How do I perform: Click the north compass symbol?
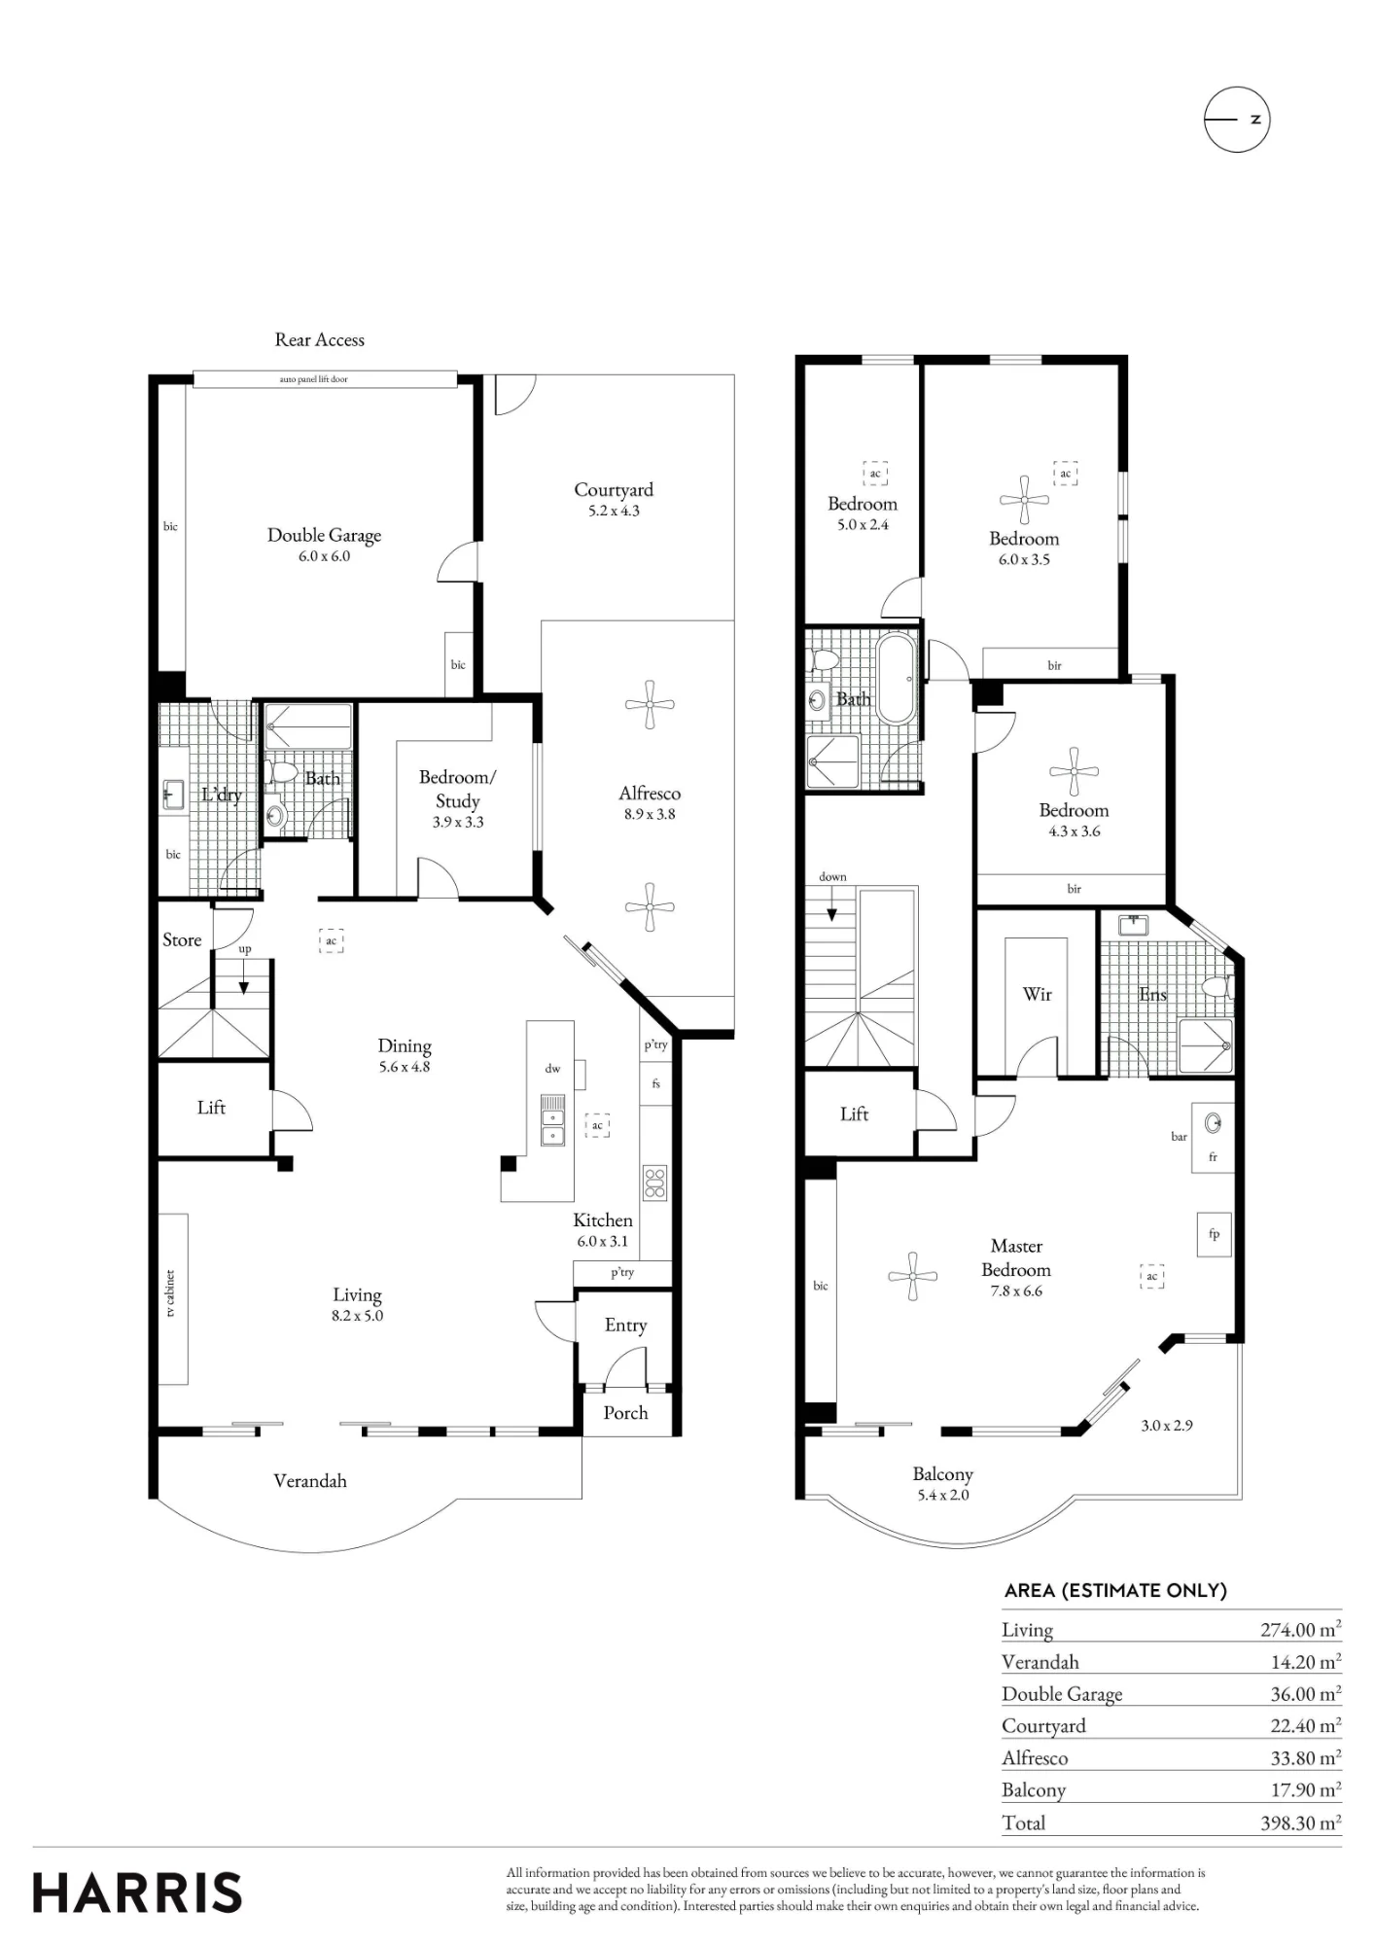point(1237,120)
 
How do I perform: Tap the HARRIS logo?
point(137,1892)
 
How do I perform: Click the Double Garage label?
point(324,535)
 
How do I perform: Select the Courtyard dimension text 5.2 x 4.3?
point(614,512)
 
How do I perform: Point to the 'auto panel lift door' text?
point(313,379)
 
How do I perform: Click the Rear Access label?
point(320,339)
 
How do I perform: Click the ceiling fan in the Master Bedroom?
point(912,1276)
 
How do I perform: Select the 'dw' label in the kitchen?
point(552,1068)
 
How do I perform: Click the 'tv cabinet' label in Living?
point(170,1293)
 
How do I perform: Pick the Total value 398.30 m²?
point(1301,1822)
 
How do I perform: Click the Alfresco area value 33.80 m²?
point(1306,1757)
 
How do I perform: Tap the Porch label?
point(625,1412)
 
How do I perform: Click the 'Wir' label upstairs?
point(1038,994)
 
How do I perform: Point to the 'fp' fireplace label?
point(1214,1234)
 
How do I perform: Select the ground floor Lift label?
point(211,1107)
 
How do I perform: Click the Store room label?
point(182,939)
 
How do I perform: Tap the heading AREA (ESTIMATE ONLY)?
point(1115,1590)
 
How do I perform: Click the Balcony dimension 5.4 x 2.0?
point(943,1495)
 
